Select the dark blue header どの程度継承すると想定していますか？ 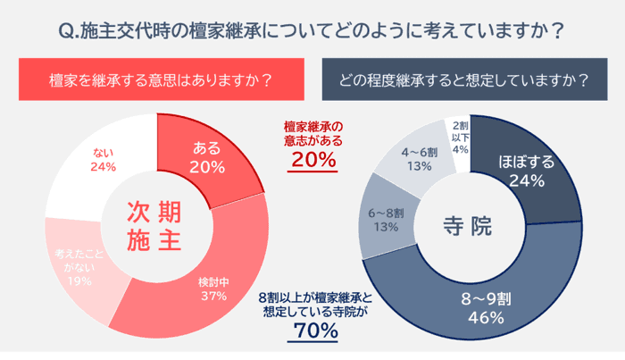click(464, 80)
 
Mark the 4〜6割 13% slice click(417, 157)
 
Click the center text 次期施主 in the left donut click(156, 226)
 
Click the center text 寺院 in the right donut click(468, 226)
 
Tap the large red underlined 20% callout click(312, 161)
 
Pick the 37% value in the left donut click(214, 296)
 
